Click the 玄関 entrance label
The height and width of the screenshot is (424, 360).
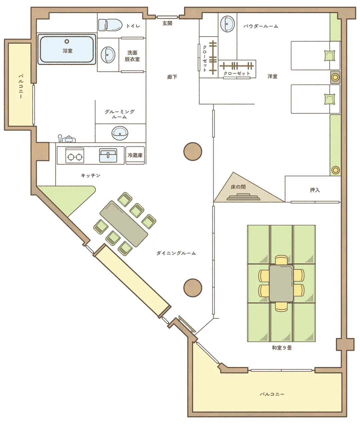pyautogui.click(x=167, y=23)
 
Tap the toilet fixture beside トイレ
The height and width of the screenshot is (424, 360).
pyautogui.click(x=110, y=25)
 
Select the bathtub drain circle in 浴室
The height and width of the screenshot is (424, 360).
pyautogui.click(x=67, y=41)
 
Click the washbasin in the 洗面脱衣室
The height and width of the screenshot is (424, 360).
pyautogui.click(x=108, y=55)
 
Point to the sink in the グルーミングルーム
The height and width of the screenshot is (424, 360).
pyautogui.click(x=120, y=133)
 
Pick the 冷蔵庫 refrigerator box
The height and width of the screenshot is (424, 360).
pyautogui.click(x=135, y=155)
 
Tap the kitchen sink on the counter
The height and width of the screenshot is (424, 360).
pyautogui.click(x=108, y=156)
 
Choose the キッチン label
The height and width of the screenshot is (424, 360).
pyautogui.click(x=91, y=176)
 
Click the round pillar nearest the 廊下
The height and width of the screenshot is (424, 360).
pyautogui.click(x=193, y=152)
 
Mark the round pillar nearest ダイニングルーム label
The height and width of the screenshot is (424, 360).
pyautogui.click(x=193, y=288)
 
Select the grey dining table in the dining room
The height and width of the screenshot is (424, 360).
pyautogui.click(x=124, y=223)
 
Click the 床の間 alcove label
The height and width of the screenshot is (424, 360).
pyautogui.click(x=238, y=187)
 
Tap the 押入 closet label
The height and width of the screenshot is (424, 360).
pyautogui.click(x=315, y=190)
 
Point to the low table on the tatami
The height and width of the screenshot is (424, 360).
pyautogui.click(x=281, y=283)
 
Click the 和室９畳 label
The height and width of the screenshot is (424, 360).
pyautogui.click(x=282, y=348)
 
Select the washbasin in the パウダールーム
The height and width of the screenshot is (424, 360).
pyautogui.click(x=227, y=24)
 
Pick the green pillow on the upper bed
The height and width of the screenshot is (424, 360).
pyautogui.click(x=330, y=56)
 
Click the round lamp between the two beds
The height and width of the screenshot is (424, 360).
pyautogui.click(x=335, y=77)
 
